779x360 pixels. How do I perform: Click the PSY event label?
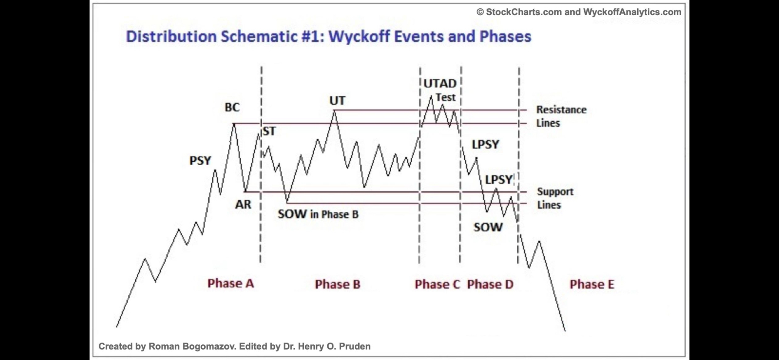pos(200,161)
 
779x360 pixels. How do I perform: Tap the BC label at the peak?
pos(232,107)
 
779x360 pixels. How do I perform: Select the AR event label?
pos(243,204)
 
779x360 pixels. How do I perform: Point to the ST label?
pos(269,131)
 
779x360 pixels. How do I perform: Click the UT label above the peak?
pos(337,101)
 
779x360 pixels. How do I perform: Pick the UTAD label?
pos(440,83)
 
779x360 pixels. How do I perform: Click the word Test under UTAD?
pos(446,97)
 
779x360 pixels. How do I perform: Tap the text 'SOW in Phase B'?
pos(318,214)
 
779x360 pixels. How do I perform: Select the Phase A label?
pos(231,283)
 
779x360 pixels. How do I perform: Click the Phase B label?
pos(338,284)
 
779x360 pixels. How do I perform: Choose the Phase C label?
pos(437,284)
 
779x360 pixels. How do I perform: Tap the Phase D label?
pos(490,284)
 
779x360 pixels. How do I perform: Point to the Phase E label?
pos(592,284)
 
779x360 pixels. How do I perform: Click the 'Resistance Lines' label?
pos(561,116)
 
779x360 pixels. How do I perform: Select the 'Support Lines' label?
pos(555,198)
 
